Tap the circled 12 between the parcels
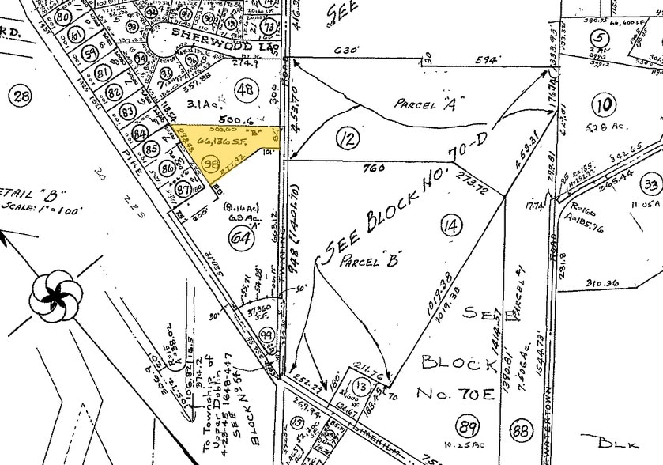tap(345, 140)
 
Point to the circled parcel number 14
tap(450, 226)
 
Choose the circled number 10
tap(606, 104)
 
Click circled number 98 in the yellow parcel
tap(211, 164)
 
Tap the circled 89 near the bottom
tap(469, 427)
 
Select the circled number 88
tap(521, 430)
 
